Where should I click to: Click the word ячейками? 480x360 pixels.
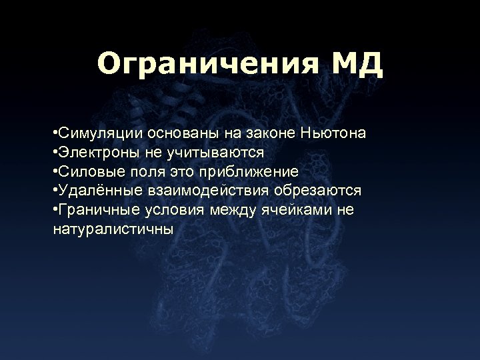(x=297, y=210)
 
